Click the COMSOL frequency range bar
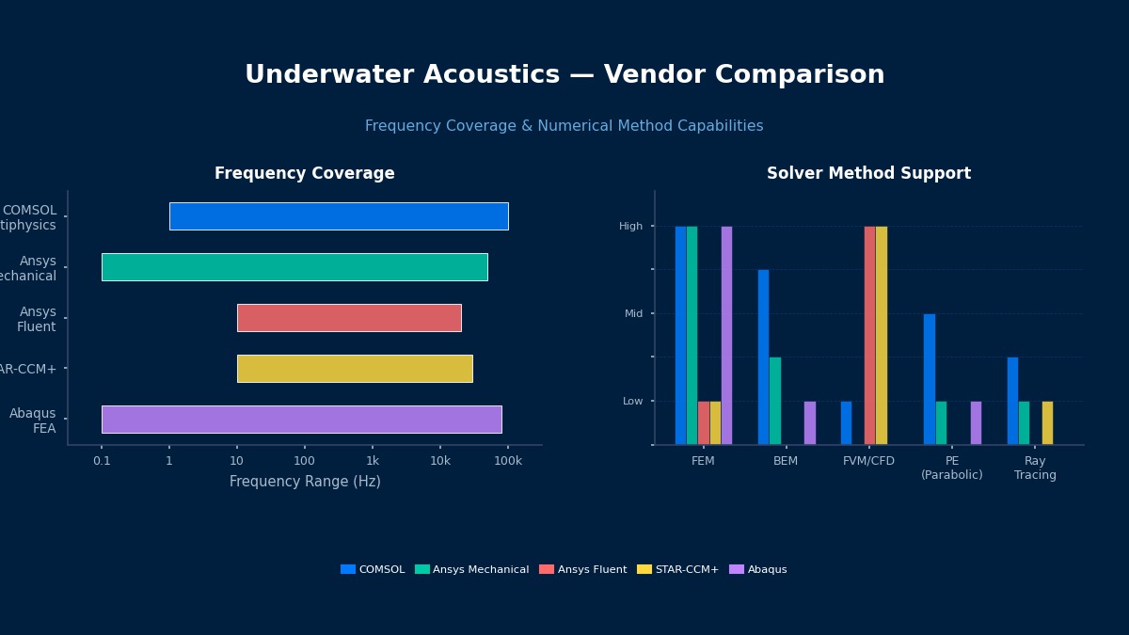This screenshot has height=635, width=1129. (x=339, y=216)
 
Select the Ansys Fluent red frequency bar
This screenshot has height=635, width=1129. (x=349, y=318)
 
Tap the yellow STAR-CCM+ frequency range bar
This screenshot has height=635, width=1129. (x=355, y=369)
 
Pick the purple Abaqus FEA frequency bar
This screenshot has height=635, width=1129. (x=301, y=420)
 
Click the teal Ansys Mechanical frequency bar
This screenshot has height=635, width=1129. (x=294, y=267)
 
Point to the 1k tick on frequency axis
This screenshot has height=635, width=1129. (x=373, y=461)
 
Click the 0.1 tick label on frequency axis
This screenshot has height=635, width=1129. (x=102, y=461)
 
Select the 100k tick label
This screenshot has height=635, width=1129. (x=508, y=461)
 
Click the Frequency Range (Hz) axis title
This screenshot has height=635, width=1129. (x=305, y=482)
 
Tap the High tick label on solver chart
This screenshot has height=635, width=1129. (x=630, y=227)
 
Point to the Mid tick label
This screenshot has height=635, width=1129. (x=633, y=314)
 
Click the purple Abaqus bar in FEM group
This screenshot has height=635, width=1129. (x=726, y=335)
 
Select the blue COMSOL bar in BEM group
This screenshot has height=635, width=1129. (x=763, y=357)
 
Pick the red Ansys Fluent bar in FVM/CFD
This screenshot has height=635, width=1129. (x=869, y=335)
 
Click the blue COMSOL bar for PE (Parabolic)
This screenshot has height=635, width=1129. (x=930, y=378)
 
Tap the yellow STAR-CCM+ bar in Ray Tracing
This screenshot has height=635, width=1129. (x=1047, y=422)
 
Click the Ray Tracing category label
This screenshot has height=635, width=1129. (x=1035, y=468)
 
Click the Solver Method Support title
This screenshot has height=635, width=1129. (x=868, y=174)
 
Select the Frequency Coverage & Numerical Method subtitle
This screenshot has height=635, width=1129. (x=564, y=126)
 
